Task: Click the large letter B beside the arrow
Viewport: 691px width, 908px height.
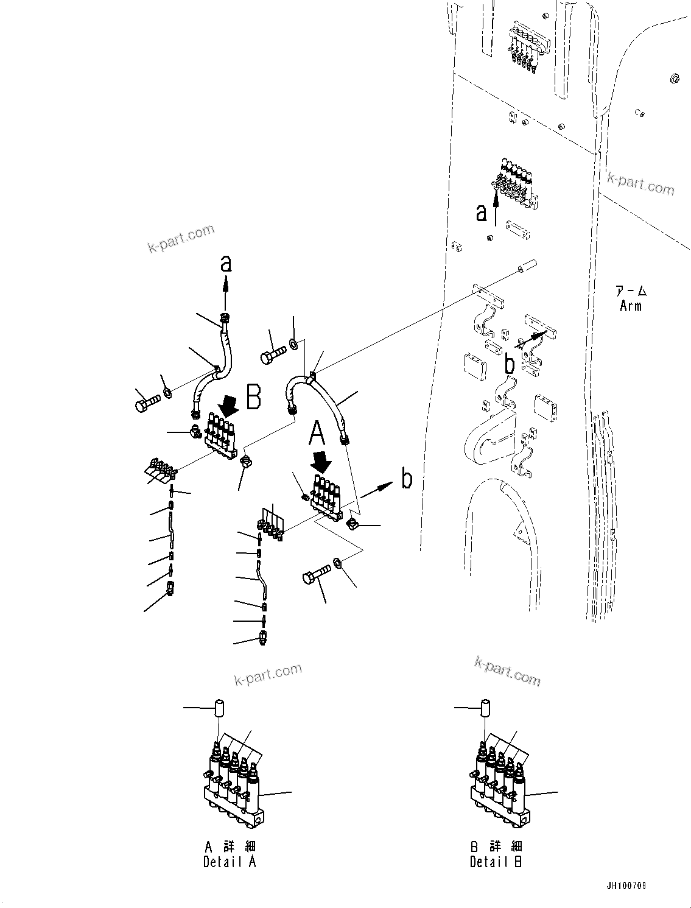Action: coord(254,396)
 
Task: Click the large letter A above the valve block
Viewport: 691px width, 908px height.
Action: coord(317,435)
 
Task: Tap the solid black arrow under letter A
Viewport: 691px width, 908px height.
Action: coord(322,461)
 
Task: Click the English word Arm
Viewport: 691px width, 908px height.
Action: coord(631,306)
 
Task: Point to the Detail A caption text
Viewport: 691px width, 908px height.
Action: coord(230,862)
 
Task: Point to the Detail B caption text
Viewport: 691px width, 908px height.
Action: coord(496,862)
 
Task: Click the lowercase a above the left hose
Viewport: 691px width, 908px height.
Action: coord(226,264)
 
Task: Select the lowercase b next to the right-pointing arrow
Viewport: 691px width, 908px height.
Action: coord(407,479)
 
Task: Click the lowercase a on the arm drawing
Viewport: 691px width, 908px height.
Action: coord(482,213)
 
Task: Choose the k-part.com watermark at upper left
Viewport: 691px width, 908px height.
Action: coord(181,239)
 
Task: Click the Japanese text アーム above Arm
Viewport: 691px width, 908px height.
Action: coord(631,292)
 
